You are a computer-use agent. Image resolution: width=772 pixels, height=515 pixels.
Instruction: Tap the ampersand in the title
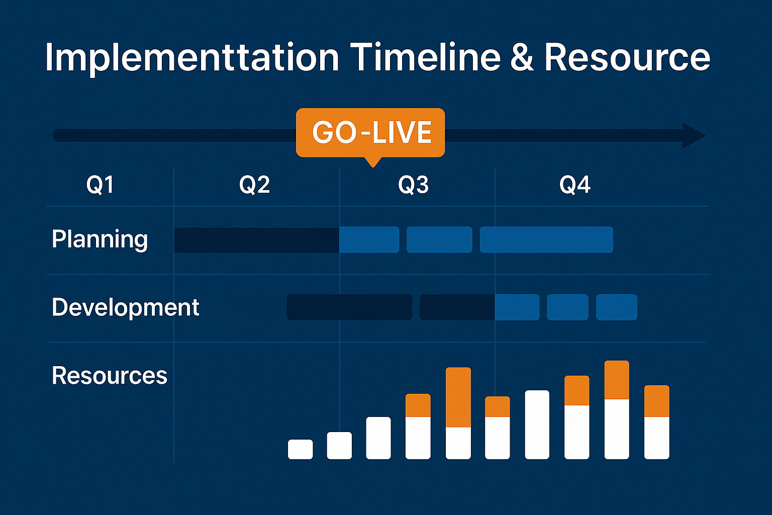522,57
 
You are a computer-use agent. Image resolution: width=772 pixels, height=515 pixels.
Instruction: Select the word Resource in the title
627,57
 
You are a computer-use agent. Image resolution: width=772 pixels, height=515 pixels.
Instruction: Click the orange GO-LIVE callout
370,133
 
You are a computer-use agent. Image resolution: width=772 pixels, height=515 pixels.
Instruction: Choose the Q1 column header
100,185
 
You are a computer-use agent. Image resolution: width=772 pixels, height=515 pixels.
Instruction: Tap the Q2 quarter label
254,185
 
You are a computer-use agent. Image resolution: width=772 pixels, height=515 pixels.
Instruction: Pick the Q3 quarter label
413,185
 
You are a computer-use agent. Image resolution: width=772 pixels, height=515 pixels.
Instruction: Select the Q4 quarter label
574,185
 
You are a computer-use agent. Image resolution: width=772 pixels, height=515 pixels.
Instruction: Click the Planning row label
100,239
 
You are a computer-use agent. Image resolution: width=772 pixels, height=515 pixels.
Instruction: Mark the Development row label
126,307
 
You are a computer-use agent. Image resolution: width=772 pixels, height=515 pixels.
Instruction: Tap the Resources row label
109,375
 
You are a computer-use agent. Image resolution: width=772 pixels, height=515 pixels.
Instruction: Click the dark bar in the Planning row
257,240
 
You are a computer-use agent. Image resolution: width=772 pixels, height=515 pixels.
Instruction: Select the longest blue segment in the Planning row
546,240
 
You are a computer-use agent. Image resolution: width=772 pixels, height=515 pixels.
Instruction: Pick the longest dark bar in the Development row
349,307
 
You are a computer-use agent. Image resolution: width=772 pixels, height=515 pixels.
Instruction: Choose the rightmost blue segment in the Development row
617,307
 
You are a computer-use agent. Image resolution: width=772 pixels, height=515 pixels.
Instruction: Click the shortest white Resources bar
300,449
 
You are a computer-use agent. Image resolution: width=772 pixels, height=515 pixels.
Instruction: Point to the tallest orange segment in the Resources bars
458,397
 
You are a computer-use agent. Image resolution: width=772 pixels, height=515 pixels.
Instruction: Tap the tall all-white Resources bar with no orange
537,424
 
